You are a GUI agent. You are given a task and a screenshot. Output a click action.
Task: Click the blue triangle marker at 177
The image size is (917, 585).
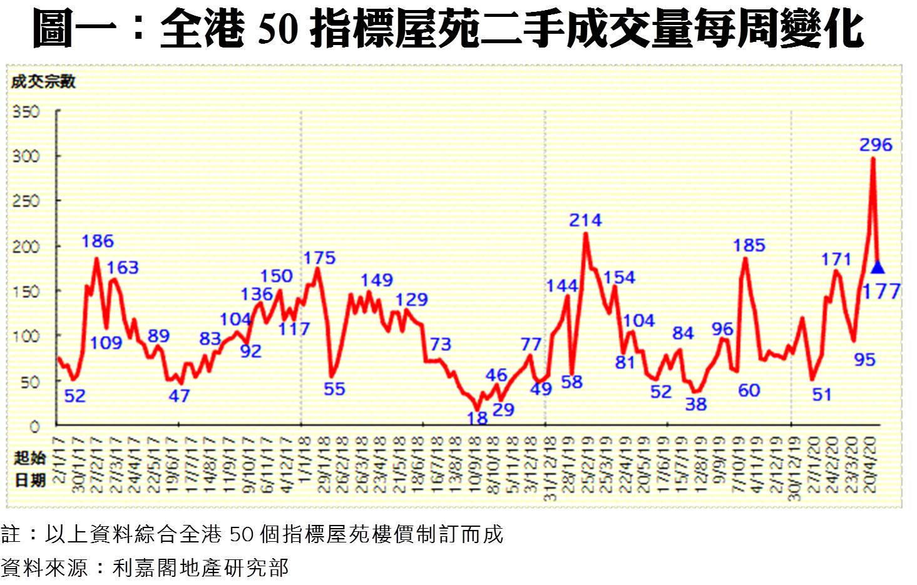tap(878, 267)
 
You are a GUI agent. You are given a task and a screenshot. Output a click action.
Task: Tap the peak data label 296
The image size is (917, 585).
tap(875, 145)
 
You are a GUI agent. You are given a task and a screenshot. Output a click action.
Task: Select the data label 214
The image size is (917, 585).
tap(585, 220)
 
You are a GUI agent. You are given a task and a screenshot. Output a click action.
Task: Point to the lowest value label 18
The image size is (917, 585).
tap(478, 418)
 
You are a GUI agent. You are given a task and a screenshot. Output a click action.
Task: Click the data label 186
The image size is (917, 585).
tap(98, 242)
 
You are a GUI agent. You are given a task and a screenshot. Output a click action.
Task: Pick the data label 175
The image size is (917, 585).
tap(319, 258)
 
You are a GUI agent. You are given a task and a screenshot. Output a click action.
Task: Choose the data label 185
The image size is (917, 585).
tap(749, 246)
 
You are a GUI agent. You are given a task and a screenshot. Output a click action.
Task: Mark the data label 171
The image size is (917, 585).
tap(836, 259)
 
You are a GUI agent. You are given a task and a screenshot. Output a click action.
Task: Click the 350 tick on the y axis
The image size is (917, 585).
tap(26, 112)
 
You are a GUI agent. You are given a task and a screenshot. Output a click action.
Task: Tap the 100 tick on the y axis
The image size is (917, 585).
tap(26, 336)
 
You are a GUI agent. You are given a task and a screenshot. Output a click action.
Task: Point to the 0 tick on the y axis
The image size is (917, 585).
tap(34, 427)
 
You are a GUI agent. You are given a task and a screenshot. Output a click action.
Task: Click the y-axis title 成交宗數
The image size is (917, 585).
tap(43, 81)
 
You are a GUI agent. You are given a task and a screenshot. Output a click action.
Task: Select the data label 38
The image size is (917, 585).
tap(695, 404)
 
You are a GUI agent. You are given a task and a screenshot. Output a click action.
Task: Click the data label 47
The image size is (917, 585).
tap(179, 395)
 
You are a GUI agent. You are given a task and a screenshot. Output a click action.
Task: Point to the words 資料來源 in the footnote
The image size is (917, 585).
tap(44, 567)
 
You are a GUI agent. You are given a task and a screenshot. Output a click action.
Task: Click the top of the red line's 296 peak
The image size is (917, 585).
tap(873, 159)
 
